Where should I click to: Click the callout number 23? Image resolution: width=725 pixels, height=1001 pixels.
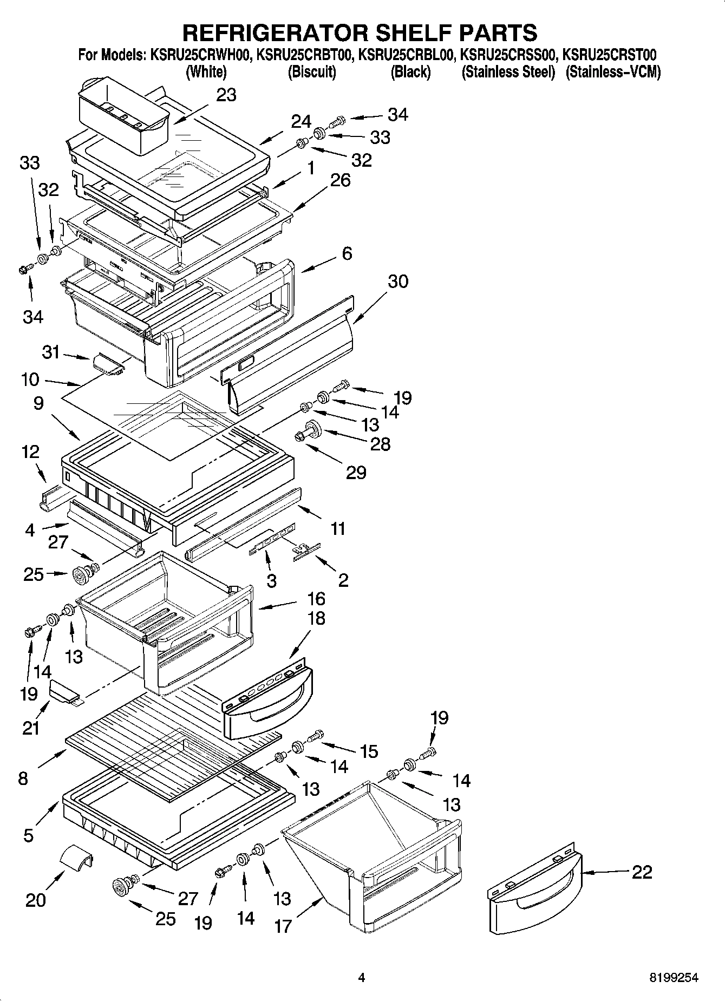click(226, 95)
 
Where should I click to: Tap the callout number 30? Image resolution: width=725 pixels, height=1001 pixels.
click(397, 282)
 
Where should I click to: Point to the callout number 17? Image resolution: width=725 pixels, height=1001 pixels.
click(283, 926)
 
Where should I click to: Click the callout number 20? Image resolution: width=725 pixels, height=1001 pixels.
click(36, 900)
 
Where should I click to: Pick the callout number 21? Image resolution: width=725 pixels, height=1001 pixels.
click(31, 728)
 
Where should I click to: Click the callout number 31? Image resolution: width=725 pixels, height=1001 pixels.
click(51, 352)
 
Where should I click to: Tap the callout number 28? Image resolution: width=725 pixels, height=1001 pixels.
click(380, 444)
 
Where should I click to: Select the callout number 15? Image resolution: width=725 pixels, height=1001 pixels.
click(369, 751)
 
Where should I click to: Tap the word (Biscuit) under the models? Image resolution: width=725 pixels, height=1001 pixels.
click(311, 72)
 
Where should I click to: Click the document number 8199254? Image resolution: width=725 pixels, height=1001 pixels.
click(674, 978)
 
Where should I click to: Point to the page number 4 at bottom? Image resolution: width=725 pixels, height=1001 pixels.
click(362, 978)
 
